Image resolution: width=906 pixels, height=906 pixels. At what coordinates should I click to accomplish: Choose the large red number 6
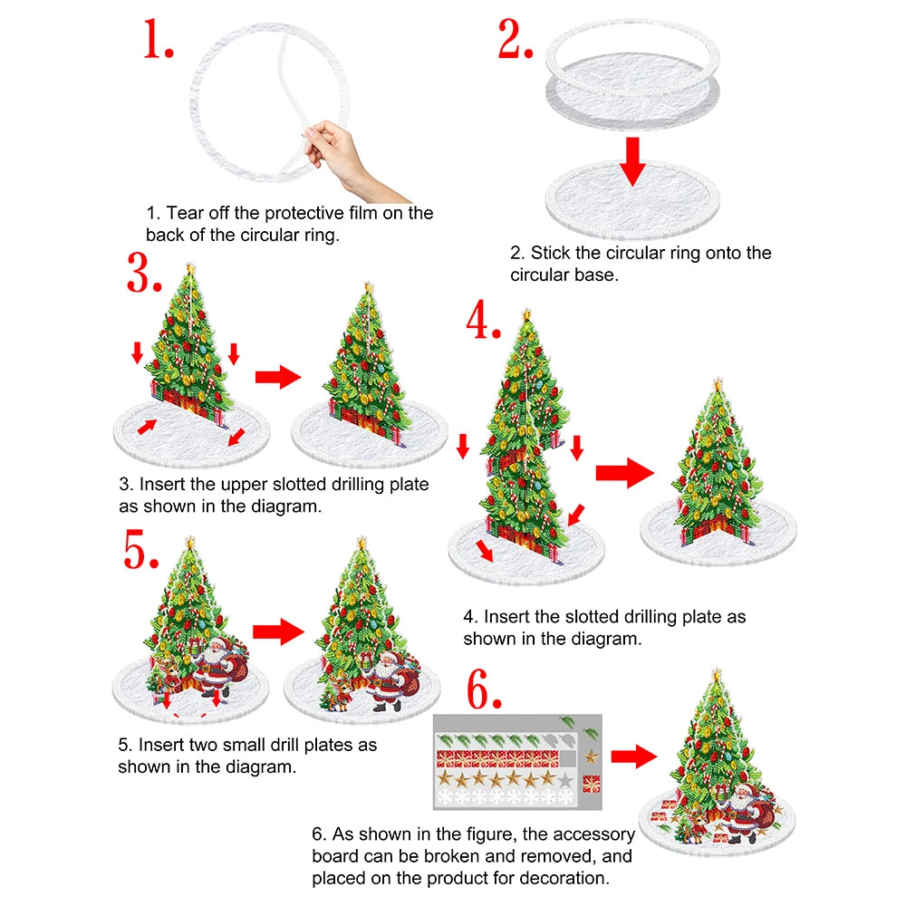coord(484,691)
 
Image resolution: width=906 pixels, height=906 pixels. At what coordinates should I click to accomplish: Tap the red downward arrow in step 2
coord(634,162)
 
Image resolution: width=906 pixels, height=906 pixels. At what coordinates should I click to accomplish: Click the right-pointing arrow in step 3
coord(277,377)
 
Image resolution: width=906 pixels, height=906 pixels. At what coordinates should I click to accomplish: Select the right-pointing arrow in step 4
coord(624,472)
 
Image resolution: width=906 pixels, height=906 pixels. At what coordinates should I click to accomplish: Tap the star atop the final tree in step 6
coord(718,673)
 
